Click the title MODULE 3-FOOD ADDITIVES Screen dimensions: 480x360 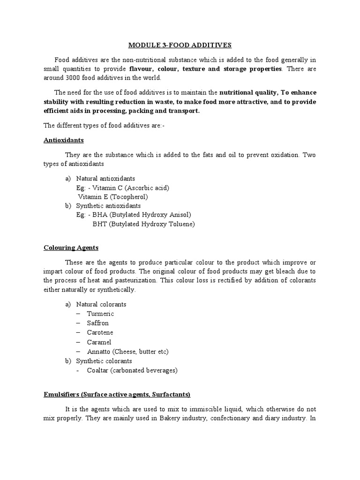coord(180,45)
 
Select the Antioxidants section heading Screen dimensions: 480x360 coord(63,140)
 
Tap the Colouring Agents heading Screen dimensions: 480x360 coord(71,247)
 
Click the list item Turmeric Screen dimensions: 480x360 coord(100,314)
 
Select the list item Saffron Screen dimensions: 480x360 coord(98,323)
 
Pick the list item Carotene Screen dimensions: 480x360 coord(100,332)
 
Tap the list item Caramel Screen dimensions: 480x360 coord(99,342)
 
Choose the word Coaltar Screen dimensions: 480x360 coord(99,370)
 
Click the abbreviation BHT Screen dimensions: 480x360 coord(99,224)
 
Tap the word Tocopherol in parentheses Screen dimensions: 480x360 coord(128,197)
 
